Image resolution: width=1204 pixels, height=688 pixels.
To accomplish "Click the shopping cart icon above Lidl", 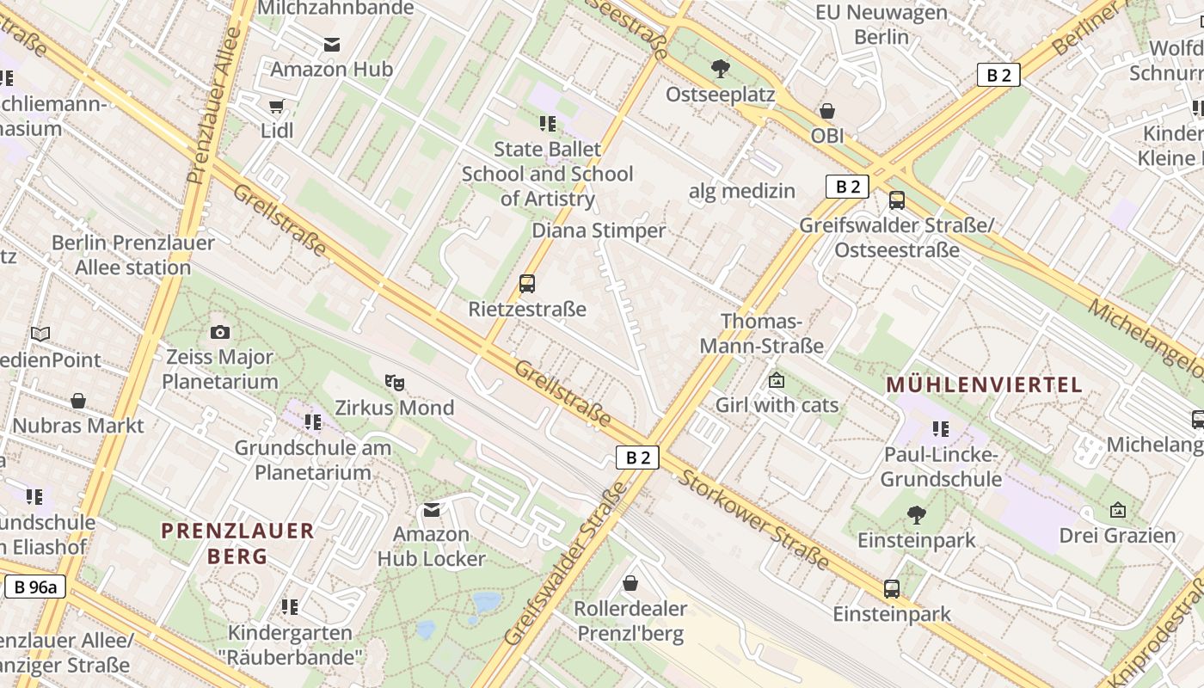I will (276, 107).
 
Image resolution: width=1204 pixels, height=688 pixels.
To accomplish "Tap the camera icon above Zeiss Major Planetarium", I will (219, 332).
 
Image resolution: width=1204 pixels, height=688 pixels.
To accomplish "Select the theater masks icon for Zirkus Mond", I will (394, 382).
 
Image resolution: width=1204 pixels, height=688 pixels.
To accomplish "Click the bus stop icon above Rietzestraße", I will (527, 284).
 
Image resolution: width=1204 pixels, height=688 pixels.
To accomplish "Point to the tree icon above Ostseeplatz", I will (721, 69).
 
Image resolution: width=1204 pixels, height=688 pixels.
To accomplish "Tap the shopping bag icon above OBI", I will (826, 111).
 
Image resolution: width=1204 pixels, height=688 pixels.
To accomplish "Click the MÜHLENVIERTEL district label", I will (984, 384).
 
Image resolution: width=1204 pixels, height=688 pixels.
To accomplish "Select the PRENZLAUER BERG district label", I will (237, 543).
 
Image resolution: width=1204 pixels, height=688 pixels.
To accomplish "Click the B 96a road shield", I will (35, 587).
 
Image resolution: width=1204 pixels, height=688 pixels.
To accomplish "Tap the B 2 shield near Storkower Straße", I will (637, 458).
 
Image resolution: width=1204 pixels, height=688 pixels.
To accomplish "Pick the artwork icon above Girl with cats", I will (777, 379).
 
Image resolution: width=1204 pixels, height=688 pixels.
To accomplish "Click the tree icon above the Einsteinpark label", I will (916, 515).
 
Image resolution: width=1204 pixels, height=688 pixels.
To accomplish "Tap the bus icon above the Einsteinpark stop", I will (892, 589).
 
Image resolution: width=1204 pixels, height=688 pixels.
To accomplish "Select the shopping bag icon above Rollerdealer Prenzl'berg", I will (630, 583).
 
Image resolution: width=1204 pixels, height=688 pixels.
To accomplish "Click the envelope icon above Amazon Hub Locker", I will (432, 510).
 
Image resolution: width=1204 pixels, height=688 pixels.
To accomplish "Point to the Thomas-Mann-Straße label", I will (761, 334).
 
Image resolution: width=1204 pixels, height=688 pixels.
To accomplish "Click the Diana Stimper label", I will (599, 230).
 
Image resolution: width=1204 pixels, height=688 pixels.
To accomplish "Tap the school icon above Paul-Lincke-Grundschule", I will (941, 428).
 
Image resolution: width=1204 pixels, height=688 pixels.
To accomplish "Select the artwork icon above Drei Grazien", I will (1117, 510).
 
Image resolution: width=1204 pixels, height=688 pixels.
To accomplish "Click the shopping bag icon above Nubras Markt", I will (78, 401).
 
